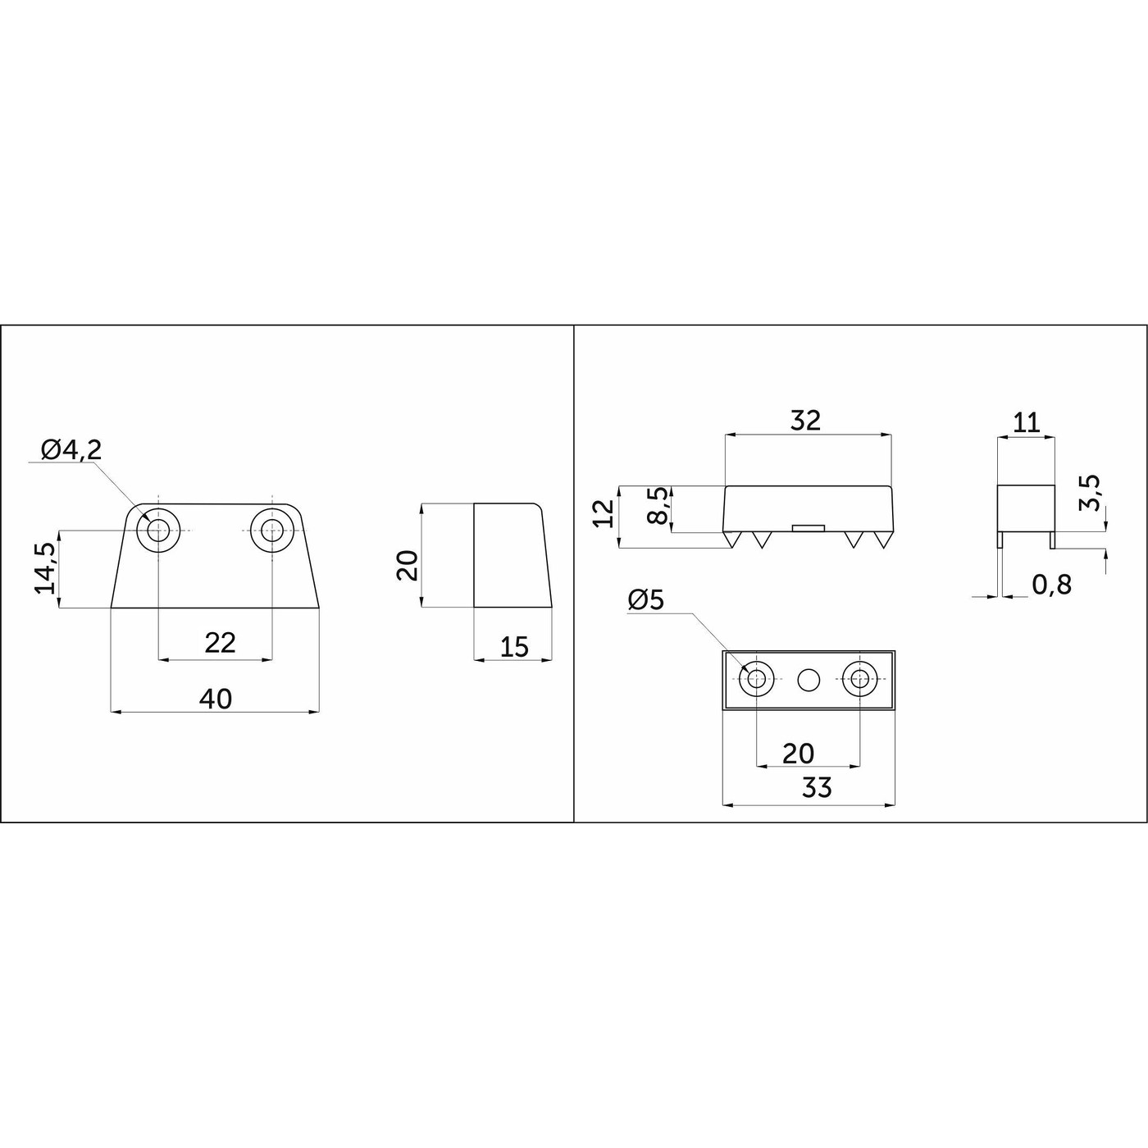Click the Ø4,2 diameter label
click(71, 450)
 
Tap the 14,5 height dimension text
click(45, 567)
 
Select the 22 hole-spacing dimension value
click(220, 643)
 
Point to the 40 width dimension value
click(215, 698)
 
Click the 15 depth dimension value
click(514, 647)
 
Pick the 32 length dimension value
click(805, 420)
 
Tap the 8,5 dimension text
click(658, 505)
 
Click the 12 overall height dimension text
click(604, 513)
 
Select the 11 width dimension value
click(1026, 422)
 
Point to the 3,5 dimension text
click(1091, 493)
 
